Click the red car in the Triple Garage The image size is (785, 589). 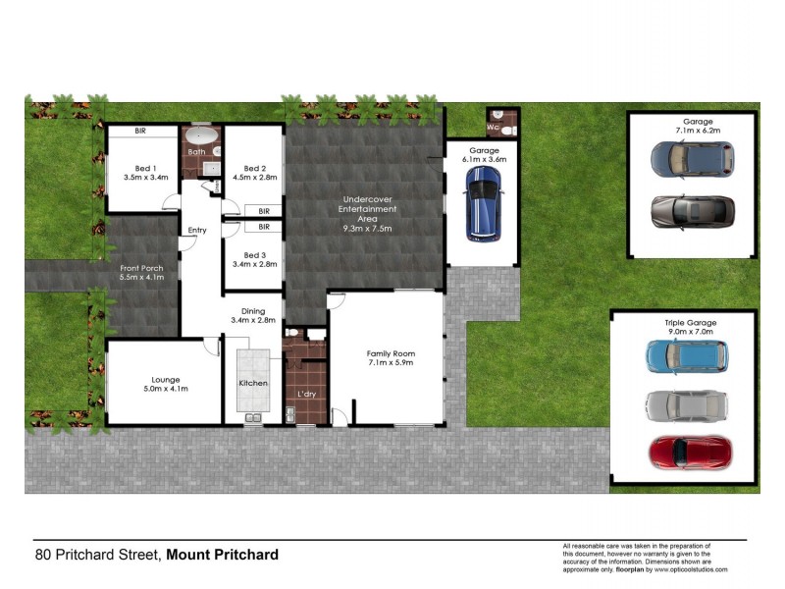point(689,451)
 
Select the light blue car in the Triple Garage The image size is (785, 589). point(687,357)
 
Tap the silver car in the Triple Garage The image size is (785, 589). point(687,404)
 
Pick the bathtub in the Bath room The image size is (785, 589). point(204,134)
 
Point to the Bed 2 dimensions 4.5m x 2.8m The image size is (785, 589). point(255,178)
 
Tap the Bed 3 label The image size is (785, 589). point(254,255)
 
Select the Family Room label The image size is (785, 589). point(391,353)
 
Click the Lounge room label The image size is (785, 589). point(165,379)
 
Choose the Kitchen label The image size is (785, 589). point(252,383)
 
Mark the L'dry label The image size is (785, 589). point(305,396)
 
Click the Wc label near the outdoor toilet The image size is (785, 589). point(494,128)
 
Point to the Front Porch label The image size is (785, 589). point(141,268)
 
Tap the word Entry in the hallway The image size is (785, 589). point(197,231)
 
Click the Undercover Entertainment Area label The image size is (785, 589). point(367,209)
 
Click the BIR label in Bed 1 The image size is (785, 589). point(141,131)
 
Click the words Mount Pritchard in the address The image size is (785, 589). point(222,555)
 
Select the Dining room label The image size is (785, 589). point(254,310)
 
